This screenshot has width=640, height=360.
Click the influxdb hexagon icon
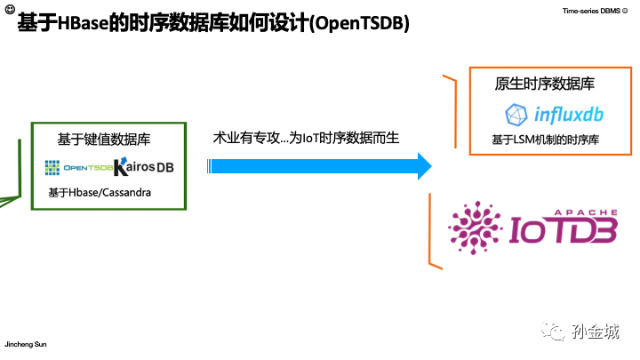pyautogui.click(x=516, y=115)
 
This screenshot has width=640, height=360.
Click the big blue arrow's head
pyautogui.click(x=423, y=165)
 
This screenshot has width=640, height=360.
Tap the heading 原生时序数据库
pyautogui.click(x=545, y=84)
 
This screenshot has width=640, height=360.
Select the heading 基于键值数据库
pyautogui.click(x=104, y=139)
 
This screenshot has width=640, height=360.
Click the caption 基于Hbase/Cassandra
pyautogui.click(x=100, y=192)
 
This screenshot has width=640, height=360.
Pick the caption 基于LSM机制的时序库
pyautogui.click(x=545, y=140)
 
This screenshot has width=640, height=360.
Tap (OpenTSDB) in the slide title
pyautogui.click(x=359, y=25)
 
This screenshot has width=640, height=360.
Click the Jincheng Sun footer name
pyautogui.click(x=28, y=344)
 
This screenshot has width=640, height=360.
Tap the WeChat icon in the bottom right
pyautogui.click(x=556, y=331)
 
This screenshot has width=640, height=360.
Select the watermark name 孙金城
pyautogui.click(x=596, y=332)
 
